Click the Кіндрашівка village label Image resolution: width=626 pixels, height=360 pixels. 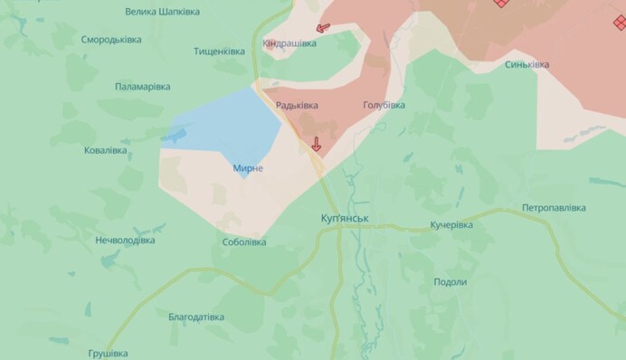click(289, 43)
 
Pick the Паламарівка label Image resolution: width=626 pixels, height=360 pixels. click(143, 87)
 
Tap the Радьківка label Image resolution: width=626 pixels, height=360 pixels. click(297, 105)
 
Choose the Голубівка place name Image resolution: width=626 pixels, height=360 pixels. click(384, 105)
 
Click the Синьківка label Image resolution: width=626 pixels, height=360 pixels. click(526, 64)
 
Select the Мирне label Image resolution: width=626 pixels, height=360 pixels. click(247, 168)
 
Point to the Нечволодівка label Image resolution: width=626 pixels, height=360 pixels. click(125, 241)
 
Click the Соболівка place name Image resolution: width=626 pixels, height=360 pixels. click(243, 242)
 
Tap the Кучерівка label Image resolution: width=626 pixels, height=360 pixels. click(451, 224)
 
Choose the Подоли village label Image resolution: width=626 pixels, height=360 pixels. click(450, 282)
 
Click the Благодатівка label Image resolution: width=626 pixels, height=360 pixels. click(196, 317)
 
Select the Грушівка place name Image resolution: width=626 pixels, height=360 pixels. click(108, 353)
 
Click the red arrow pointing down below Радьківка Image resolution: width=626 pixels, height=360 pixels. click(316, 143)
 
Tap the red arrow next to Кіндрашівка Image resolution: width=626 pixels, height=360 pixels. click(323, 29)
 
